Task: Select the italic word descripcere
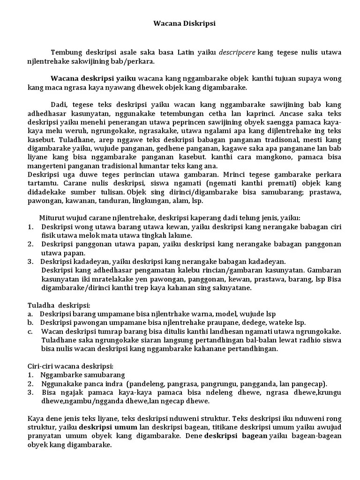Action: tap(238, 52)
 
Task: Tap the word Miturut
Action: tap(51, 218)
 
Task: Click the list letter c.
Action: tap(30, 331)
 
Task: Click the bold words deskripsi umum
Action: tap(108, 427)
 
